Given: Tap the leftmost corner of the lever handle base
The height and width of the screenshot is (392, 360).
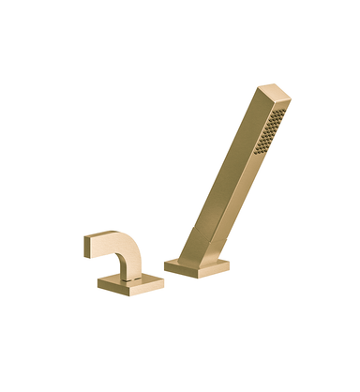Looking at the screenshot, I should tap(97, 281).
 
